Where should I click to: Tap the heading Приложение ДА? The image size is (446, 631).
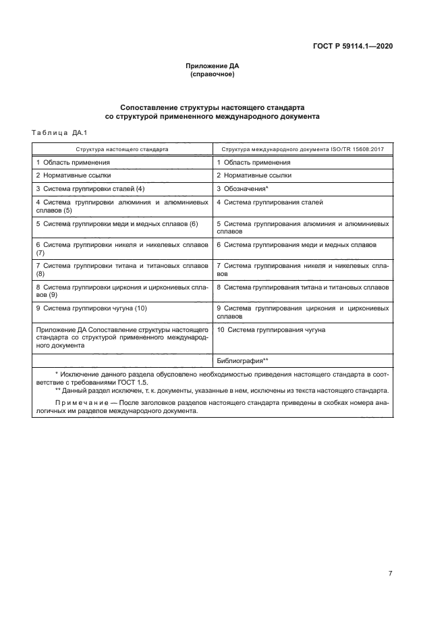(213, 66)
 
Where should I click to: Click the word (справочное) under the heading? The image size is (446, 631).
(213, 74)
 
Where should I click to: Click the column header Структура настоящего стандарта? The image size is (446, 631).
(122, 148)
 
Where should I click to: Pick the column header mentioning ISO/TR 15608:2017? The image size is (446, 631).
(302, 148)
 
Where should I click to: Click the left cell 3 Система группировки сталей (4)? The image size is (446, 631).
(90, 188)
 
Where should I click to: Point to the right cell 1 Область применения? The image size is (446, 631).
(254, 162)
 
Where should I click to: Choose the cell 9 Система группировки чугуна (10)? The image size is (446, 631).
(91, 308)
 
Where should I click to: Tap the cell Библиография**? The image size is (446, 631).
(243, 360)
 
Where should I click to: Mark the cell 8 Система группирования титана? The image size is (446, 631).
(302, 287)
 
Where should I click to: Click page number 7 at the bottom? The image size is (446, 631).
(390, 574)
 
